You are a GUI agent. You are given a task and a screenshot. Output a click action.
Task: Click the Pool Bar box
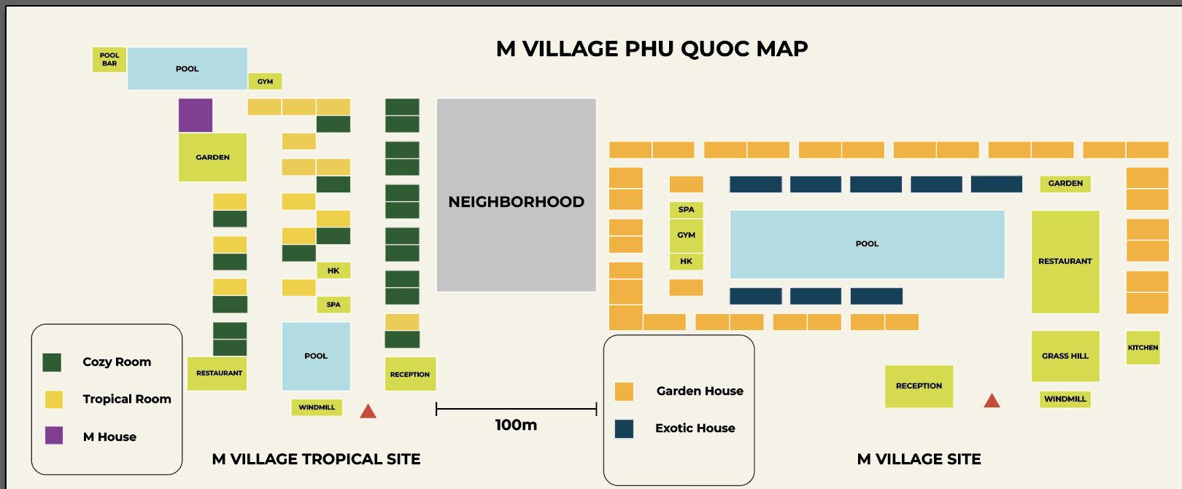[109, 60]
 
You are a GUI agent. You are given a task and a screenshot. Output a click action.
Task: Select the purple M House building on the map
[196, 115]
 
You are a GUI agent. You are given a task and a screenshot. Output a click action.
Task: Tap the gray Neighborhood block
[516, 195]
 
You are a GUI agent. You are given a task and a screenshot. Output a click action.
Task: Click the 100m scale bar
[516, 410]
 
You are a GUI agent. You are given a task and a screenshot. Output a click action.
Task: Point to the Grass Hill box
[1065, 356]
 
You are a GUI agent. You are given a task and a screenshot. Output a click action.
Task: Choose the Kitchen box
[1143, 348]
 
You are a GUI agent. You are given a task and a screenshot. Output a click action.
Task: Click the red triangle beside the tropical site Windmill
[368, 411]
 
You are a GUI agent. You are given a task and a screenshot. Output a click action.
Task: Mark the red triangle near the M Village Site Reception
[992, 400]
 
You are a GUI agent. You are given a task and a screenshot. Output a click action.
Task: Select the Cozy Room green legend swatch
[52, 362]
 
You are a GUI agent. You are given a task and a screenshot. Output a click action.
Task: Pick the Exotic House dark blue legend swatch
[624, 429]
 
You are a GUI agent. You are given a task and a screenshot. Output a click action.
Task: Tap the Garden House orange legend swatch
[624, 391]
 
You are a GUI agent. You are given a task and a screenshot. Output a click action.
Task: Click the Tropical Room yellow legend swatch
[54, 399]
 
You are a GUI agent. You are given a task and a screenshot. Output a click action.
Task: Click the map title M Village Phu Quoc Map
[652, 49]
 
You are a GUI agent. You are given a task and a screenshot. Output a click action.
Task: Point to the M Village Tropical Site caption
[316, 459]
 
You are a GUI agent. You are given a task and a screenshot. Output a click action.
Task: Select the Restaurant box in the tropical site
[217, 373]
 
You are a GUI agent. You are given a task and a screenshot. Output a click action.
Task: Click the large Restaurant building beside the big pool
[1065, 262]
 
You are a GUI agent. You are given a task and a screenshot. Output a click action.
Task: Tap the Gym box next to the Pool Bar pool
[265, 82]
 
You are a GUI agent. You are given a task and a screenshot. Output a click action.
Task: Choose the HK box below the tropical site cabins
[333, 270]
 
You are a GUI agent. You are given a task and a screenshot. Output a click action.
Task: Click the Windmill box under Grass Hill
[1065, 399]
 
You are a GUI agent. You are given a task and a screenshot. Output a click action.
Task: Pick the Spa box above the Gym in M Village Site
[686, 210]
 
